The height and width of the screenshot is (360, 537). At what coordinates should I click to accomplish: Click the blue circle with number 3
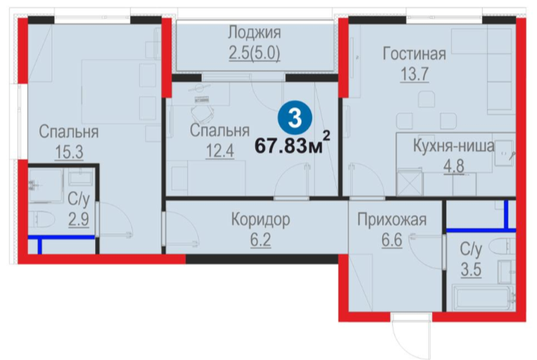coord(295,118)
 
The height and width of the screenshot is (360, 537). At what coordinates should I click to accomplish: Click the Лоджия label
coord(255,32)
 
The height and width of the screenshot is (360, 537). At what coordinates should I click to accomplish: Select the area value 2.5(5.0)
coord(255,54)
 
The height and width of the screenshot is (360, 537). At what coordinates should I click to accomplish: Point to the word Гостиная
coord(415,54)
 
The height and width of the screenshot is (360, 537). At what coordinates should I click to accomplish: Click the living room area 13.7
coord(415,74)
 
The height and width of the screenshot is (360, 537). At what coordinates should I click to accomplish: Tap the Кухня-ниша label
coord(454,146)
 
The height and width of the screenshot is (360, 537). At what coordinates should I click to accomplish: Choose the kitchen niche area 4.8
coord(454,166)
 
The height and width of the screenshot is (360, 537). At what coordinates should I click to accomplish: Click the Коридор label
coord(261,220)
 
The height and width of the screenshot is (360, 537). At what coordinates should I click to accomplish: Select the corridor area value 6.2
coord(261,240)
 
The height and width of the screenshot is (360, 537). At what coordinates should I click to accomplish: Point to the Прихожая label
coord(392,220)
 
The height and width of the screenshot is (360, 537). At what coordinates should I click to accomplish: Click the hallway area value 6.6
coord(392,240)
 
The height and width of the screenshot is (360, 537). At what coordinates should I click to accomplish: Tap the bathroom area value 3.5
coord(471,269)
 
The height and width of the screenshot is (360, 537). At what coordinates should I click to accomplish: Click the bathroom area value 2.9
coord(79,220)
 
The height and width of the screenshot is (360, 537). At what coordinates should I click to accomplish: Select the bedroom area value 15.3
coord(69,152)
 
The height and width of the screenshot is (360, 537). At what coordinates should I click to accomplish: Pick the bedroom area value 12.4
coord(220,151)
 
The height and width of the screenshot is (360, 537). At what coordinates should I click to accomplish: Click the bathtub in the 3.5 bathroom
coord(483,297)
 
